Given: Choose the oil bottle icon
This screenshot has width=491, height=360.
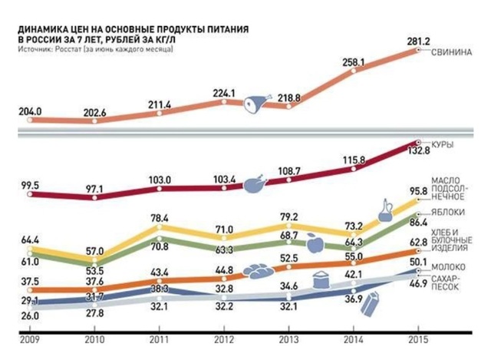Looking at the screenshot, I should tap(387, 208).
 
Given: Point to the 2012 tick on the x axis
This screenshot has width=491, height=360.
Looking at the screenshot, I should tap(224, 338).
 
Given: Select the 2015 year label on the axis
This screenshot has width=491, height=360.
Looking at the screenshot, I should tap(418, 338).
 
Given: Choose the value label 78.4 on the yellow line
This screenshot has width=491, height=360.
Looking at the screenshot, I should tap(159, 218).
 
